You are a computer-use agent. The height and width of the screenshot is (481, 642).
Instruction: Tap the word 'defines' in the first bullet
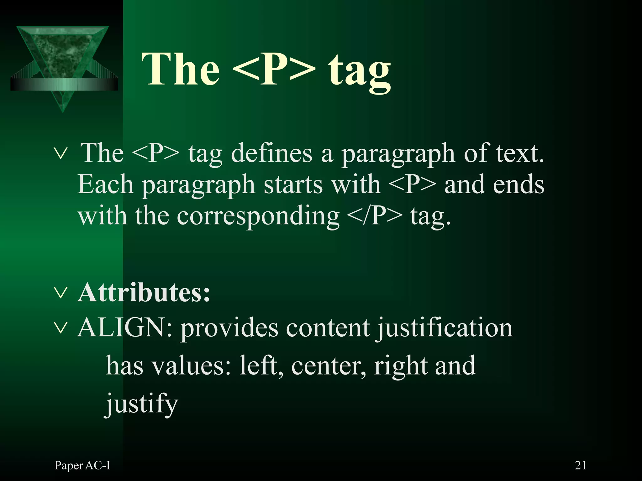(271, 153)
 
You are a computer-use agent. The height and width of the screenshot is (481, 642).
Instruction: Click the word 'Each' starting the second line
(105, 185)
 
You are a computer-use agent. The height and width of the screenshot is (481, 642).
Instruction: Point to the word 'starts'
(293, 185)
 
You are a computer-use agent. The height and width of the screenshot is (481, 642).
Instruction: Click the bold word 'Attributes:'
(144, 293)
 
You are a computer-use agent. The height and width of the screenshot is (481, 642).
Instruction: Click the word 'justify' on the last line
(142, 404)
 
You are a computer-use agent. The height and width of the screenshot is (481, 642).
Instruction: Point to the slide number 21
(581, 465)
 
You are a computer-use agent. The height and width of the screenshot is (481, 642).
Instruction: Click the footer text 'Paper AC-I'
(82, 466)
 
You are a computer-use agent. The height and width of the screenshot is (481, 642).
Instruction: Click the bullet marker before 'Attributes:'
(61, 293)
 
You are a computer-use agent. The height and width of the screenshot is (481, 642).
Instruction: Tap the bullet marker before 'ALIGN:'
(61, 328)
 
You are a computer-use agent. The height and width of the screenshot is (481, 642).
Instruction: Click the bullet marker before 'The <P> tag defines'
(61, 154)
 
